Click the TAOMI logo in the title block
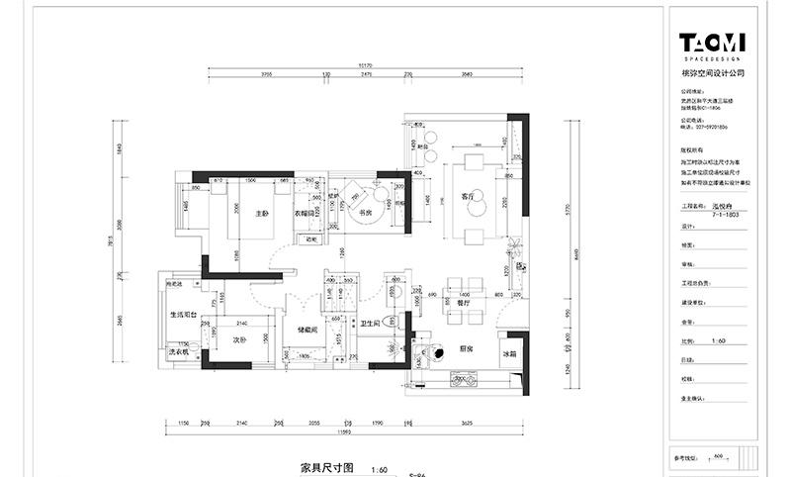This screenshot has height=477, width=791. pos(712,45)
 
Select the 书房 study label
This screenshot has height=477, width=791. pos(364,212)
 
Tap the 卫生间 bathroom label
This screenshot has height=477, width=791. pos(372,323)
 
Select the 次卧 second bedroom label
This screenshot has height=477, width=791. pos(238,338)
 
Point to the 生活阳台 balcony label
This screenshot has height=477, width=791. pos(184,314)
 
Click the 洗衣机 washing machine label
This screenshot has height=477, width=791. pos(178,352)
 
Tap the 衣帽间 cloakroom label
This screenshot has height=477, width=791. pos(304,213)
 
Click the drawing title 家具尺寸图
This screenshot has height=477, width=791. pos(326,466)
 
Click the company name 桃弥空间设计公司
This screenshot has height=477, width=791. pos(712,72)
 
